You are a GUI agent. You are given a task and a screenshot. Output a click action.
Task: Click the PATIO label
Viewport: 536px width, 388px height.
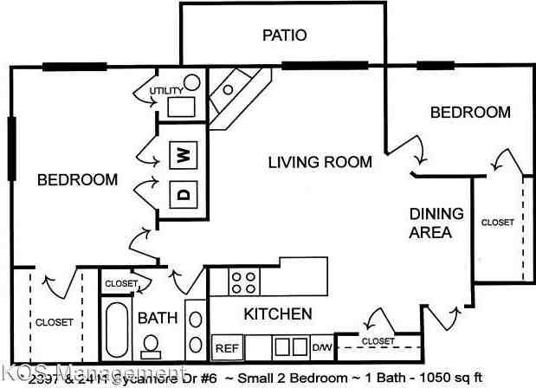click(x=284, y=36)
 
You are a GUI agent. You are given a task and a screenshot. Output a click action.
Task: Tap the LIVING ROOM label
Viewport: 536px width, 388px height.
click(x=320, y=162)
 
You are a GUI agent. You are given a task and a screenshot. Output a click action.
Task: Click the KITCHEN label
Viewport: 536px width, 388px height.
click(x=277, y=314)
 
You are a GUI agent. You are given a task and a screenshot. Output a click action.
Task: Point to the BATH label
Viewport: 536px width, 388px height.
click(x=157, y=318)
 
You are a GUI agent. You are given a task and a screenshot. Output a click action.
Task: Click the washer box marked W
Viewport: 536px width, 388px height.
click(x=183, y=156)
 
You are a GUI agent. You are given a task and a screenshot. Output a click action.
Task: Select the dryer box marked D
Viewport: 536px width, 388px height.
click(x=183, y=193)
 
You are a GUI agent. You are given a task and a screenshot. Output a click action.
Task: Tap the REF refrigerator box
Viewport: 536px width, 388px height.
click(x=226, y=347)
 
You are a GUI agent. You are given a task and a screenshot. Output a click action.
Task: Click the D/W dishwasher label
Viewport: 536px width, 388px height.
click(x=322, y=347)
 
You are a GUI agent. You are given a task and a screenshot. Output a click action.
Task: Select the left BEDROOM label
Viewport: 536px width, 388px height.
click(x=76, y=180)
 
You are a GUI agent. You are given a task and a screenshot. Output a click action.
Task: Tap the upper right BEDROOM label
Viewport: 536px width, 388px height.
click(x=470, y=113)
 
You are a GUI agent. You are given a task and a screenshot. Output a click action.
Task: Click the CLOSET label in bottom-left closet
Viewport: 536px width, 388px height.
click(x=54, y=322)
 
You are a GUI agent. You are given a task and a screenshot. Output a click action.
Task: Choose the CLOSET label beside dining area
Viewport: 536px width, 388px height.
click(x=497, y=223)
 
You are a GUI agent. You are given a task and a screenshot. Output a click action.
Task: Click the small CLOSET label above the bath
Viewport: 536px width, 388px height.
click(x=120, y=283)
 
